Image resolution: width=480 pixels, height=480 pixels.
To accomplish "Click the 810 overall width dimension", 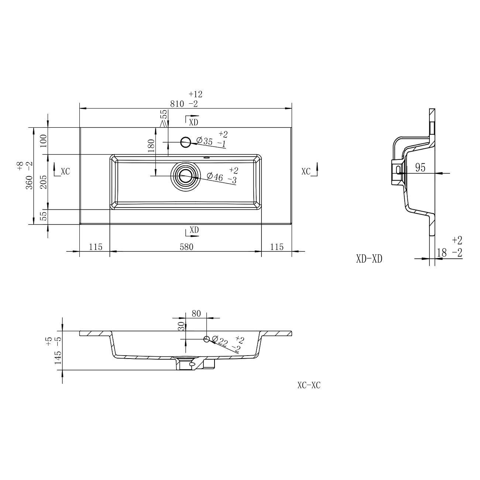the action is pyautogui.click(x=177, y=104).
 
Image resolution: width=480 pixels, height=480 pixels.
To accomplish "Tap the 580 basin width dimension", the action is pyautogui.click(x=186, y=247).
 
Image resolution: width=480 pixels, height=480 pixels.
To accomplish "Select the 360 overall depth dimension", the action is pyautogui.click(x=30, y=182).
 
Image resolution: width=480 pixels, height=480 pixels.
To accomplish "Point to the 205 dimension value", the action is pyautogui.click(x=43, y=182).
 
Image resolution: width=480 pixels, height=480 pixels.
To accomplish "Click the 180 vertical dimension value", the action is pyautogui.click(x=151, y=146).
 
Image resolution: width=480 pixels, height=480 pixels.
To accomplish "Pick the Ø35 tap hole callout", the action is pyautogui.click(x=205, y=141).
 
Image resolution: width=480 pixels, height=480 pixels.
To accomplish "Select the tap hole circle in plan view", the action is pyautogui.click(x=186, y=142).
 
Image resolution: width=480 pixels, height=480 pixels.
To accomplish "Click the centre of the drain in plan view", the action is pyautogui.click(x=185, y=176).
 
